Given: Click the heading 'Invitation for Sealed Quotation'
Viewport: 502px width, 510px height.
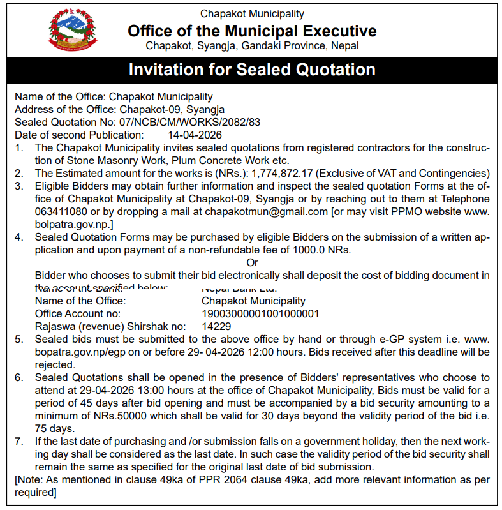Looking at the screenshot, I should pos(252,70).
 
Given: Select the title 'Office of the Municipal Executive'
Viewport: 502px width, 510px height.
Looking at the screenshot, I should pos(252,31).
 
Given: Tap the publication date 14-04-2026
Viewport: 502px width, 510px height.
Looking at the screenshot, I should pos(195,135).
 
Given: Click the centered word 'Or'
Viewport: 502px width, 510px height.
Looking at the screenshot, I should pos(252,262).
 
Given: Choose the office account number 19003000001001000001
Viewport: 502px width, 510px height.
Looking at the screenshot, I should pos(260,313).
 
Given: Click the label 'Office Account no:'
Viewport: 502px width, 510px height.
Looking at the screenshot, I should pos(78,313).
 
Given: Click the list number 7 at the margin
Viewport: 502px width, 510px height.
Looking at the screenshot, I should pos(19,442).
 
